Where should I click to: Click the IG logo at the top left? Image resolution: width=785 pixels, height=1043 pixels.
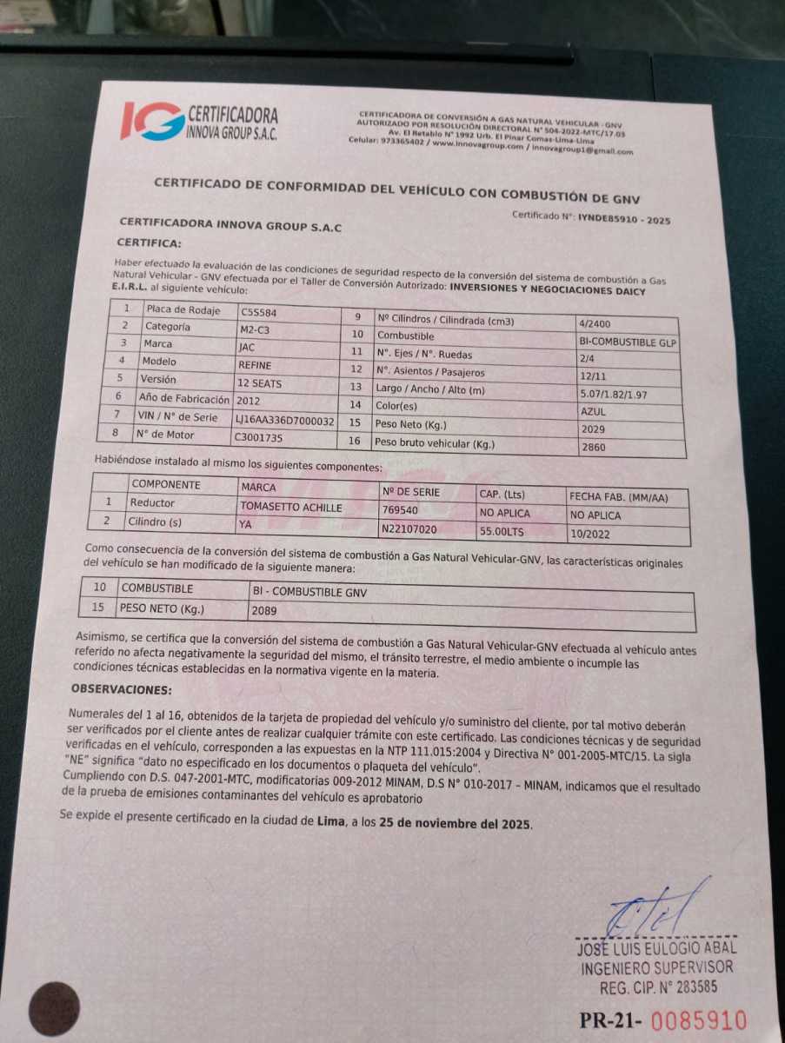point(152,121)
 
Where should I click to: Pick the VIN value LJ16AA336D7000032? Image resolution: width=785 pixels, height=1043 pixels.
point(285,420)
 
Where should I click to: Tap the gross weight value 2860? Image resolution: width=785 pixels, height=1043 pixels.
point(595,448)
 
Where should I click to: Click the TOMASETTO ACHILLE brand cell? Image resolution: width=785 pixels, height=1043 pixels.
point(291,507)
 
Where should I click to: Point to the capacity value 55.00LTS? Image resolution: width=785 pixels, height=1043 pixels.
point(504,529)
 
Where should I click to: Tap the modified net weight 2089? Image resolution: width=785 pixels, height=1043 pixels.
point(263,610)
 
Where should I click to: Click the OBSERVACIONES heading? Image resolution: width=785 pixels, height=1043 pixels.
point(121,689)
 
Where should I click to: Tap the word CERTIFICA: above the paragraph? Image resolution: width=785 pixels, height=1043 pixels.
point(149,243)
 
